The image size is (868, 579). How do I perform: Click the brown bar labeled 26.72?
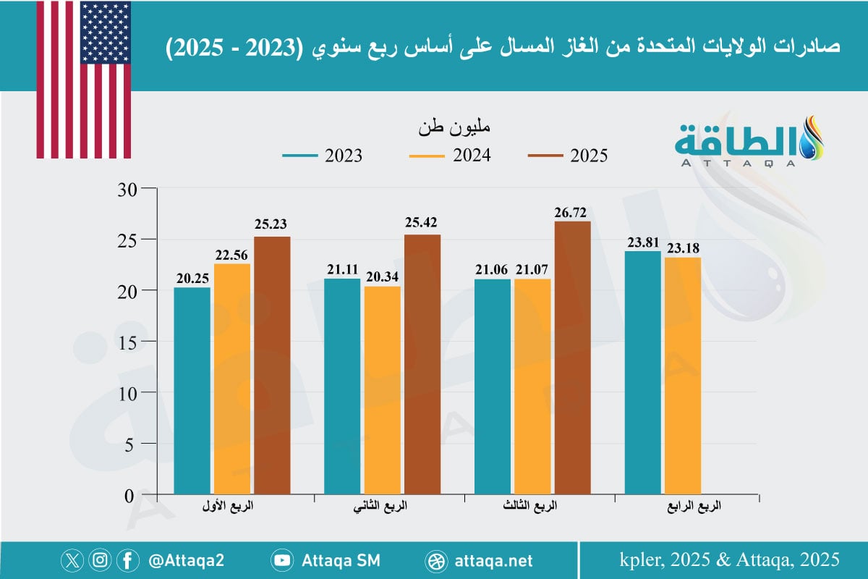[x=572, y=358]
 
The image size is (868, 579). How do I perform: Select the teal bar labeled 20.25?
[x=192, y=391]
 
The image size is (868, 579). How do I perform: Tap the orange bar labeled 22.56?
[x=232, y=379]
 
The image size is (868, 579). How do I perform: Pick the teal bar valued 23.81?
[x=642, y=373]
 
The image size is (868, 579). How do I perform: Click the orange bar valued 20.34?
[x=383, y=391]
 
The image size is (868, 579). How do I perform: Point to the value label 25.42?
[x=422, y=222]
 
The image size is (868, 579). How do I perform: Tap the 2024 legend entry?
[x=449, y=156]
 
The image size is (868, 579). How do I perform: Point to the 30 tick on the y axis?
[x=127, y=188]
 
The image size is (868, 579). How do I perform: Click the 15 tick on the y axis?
[x=127, y=341]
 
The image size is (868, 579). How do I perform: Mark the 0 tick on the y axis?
[x=130, y=496]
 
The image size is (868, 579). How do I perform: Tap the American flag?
[x=84, y=80]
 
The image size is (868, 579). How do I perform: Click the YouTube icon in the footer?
[x=282, y=560]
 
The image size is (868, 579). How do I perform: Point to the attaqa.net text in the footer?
[x=495, y=560]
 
